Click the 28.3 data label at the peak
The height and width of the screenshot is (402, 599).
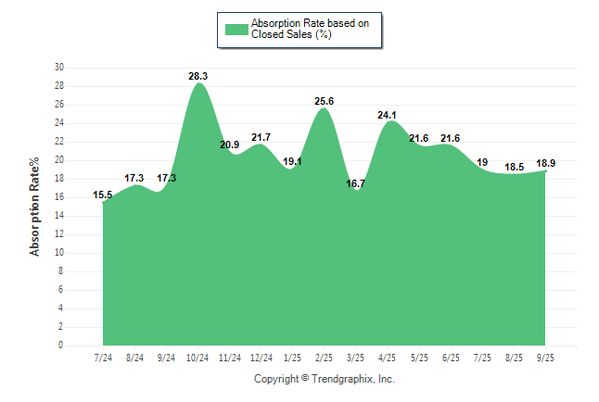[198, 76]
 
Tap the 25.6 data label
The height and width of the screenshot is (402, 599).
[324, 101]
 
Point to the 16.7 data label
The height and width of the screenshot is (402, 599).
[355, 183]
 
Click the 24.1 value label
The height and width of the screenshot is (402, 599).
[388, 115]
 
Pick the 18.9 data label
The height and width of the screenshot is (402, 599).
[546, 163]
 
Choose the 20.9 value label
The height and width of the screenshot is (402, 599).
[229, 144]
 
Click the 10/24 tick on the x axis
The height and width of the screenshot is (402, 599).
[198, 358]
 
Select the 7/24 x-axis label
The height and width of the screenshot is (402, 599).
[103, 358]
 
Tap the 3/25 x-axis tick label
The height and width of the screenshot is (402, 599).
[355, 358]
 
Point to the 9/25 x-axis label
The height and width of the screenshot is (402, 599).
[546, 358]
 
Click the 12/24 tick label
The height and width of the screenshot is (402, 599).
[261, 358]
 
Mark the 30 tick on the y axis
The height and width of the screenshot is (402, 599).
[59, 68]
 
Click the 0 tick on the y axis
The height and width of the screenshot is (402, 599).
[61, 345]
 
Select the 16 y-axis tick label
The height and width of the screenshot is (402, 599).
[59, 197]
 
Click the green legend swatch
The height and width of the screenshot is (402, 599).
[236, 29]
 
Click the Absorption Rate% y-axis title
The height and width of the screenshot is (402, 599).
[35, 206]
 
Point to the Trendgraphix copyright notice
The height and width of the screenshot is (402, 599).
[325, 379]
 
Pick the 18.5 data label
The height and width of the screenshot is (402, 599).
[515, 167]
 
